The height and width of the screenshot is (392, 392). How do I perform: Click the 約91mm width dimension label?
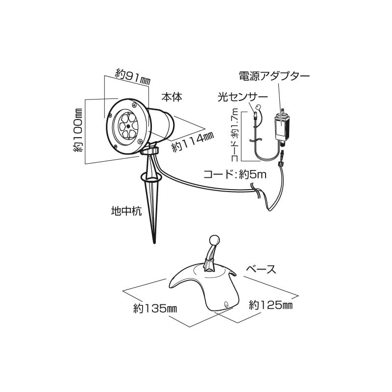pos(133,75)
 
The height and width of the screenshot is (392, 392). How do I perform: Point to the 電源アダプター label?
pos(274,76)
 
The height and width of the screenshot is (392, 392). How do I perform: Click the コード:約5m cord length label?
pos(235,174)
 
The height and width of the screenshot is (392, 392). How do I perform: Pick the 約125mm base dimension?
pos(270,305)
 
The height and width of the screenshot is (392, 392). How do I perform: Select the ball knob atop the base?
pos(213,240)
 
